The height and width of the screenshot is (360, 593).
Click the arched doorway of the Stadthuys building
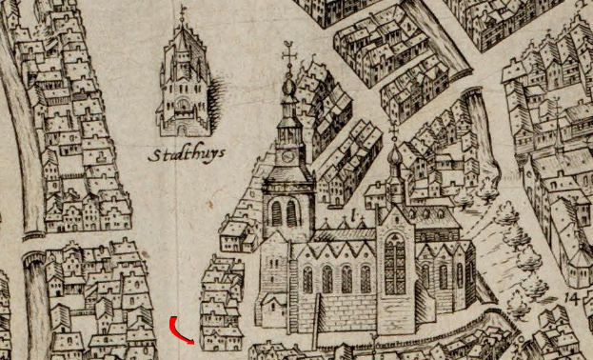pos(181,127)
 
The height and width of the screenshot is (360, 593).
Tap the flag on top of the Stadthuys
pos(182,12)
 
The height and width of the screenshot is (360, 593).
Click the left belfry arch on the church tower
pos(277,212)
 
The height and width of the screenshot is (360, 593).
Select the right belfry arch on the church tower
pos(293,212)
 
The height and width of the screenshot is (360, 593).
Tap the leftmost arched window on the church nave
pos(307,280)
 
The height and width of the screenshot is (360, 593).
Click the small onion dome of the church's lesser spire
pos(393,154)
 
